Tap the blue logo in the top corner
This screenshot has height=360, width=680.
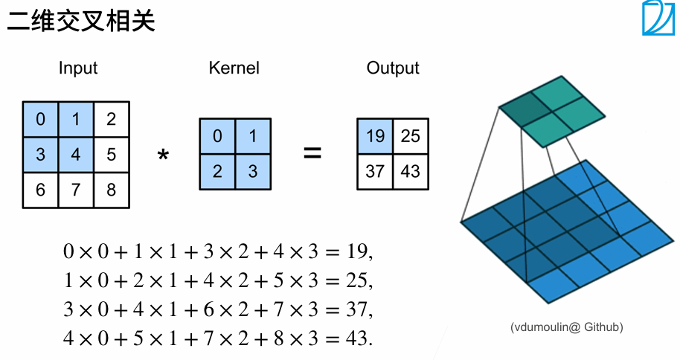click(x=658, y=18)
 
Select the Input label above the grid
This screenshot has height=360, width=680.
click(x=78, y=68)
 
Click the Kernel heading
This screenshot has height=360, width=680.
click(x=234, y=68)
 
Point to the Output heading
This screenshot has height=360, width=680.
click(x=393, y=68)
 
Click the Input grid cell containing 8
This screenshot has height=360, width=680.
click(x=112, y=190)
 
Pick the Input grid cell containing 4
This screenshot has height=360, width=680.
click(x=76, y=155)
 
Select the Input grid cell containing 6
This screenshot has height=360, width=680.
click(x=40, y=190)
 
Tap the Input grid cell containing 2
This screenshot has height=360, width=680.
click(x=112, y=119)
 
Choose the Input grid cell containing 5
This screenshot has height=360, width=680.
click(x=112, y=155)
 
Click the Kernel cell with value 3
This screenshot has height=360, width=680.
click(x=253, y=171)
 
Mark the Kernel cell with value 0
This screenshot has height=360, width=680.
click(x=217, y=136)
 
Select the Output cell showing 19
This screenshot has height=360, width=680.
click(x=375, y=136)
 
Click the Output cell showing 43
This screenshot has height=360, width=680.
click(x=411, y=171)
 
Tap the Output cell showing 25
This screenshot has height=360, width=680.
click(x=411, y=136)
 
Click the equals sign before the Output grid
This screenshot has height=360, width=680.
click(x=312, y=154)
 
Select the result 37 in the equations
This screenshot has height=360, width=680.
click(x=355, y=309)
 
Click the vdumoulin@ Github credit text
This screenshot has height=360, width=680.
click(x=567, y=327)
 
